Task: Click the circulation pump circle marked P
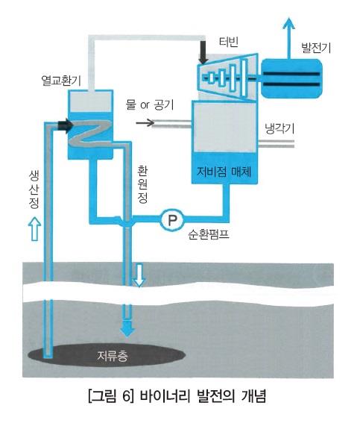(x=172, y=219)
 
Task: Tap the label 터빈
(x=229, y=42)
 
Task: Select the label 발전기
(x=316, y=48)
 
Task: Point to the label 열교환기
(x=61, y=81)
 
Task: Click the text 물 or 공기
(x=150, y=104)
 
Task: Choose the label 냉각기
(x=280, y=128)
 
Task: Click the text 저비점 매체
(x=224, y=172)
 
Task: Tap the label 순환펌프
(x=209, y=235)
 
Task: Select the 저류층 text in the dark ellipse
(x=113, y=356)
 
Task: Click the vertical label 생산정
(x=34, y=190)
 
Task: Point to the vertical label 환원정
(x=142, y=184)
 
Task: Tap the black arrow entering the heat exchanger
(x=66, y=125)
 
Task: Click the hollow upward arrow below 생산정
(x=34, y=228)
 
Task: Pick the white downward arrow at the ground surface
(x=139, y=275)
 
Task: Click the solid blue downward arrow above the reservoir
(x=127, y=327)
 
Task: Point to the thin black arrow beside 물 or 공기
(x=145, y=122)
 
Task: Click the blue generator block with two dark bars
(x=291, y=78)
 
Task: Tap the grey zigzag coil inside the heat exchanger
(x=90, y=135)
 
